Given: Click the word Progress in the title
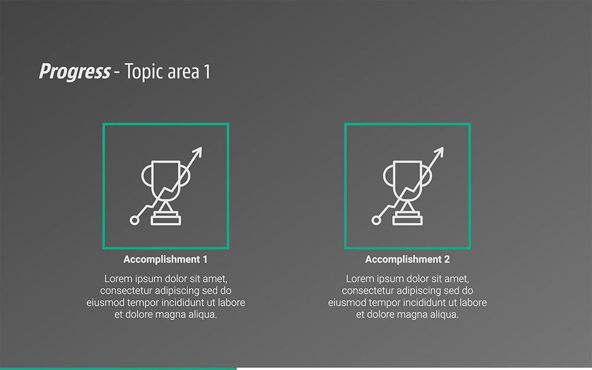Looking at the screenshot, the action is (75, 72).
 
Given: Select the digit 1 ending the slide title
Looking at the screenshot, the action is (207, 72).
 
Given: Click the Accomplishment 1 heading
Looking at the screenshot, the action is (165, 259).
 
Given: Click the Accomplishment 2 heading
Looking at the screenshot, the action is (407, 259).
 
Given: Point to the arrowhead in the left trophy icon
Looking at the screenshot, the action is (198, 152).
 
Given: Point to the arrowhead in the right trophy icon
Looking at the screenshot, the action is (439, 152).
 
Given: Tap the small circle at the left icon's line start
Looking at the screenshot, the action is (134, 220).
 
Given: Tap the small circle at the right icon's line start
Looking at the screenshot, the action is (376, 220).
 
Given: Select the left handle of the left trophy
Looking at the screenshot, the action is (146, 176).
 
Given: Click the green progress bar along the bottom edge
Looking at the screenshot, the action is (118, 368).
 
